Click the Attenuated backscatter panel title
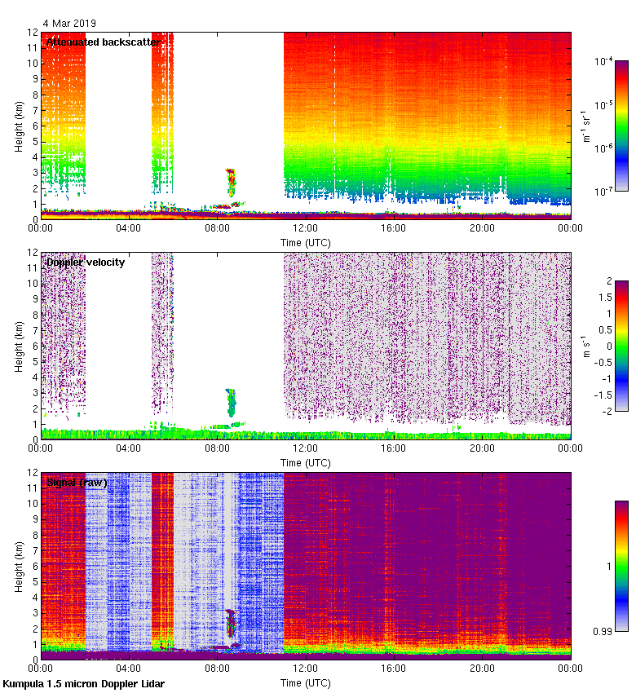103,42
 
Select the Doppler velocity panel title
86,262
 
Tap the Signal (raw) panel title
77,483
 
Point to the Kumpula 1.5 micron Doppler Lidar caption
84,683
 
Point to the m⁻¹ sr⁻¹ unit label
585,126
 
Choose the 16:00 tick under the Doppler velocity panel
394,448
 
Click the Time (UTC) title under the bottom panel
306,682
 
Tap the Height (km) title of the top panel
19,126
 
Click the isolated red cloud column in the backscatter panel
231,183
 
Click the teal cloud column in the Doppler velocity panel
231,402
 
